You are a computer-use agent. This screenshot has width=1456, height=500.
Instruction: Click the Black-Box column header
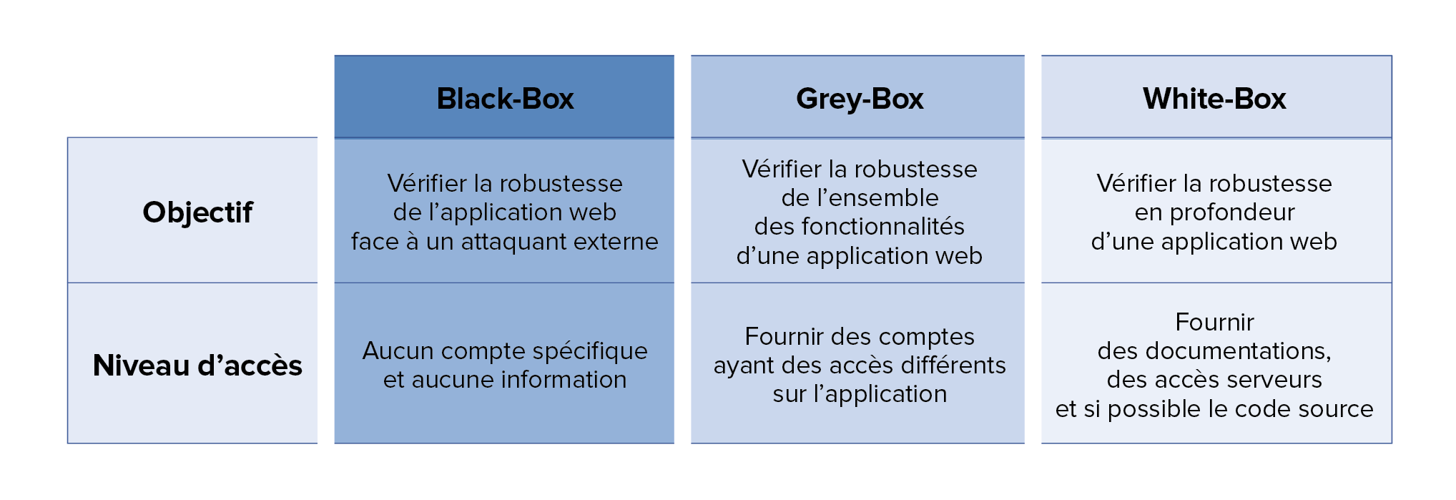505,99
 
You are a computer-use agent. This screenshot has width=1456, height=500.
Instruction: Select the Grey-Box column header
860,99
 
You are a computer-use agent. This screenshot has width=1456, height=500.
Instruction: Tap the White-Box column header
1214,99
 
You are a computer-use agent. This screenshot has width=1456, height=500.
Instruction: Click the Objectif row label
197,213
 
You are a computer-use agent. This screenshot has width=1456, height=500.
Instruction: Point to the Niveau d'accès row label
197,366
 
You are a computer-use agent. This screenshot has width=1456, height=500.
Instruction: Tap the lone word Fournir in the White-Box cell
1214,323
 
